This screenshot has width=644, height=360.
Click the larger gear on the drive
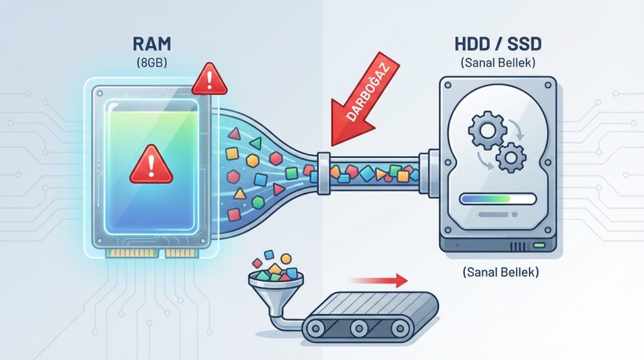[x=482, y=131]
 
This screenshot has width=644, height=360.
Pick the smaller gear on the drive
[x=511, y=156]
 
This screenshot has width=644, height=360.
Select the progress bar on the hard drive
[x=497, y=200]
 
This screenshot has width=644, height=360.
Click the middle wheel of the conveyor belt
[x=359, y=327]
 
